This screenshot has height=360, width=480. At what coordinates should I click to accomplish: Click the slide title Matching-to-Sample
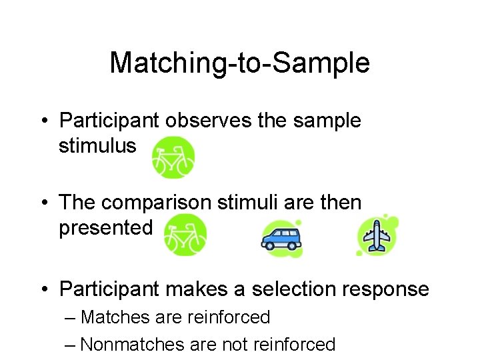tap(239, 63)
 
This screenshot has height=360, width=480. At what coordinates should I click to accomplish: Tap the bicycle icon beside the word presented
tap(185, 235)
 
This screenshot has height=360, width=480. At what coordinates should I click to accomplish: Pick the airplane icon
tap(378, 235)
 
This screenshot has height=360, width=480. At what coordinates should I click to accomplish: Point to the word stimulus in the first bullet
tap(97, 145)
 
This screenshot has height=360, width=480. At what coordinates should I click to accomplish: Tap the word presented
tap(105, 227)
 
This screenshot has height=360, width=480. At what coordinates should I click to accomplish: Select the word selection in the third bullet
tap(294, 289)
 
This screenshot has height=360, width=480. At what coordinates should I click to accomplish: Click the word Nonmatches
tap(133, 344)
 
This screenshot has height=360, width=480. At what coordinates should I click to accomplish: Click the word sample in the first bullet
tap(326, 121)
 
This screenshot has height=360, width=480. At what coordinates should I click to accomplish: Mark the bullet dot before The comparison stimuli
tap(43, 202)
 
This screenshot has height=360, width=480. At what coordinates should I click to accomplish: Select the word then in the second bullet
tap(339, 201)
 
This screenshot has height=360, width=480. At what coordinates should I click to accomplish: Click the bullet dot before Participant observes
tap(43, 121)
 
